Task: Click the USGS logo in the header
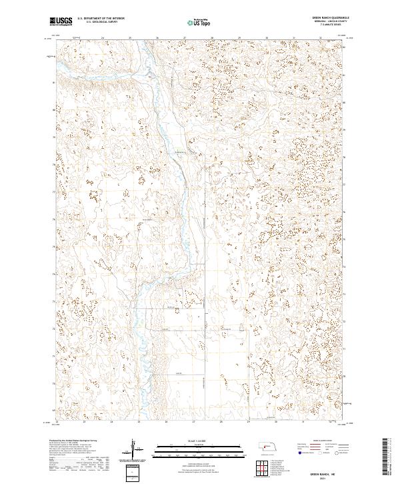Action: [61, 22]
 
